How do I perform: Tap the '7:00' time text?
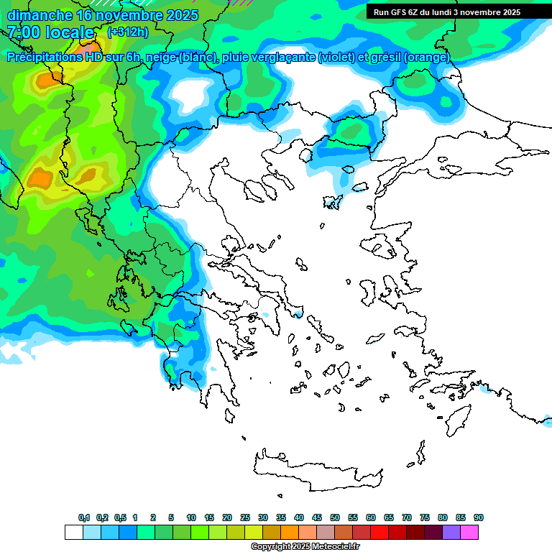coord(24,32)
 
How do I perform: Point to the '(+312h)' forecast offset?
coord(129,32)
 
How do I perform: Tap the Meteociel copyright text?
coord(305,547)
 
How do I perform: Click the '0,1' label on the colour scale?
coord(84,518)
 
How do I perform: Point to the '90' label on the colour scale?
coord(478,518)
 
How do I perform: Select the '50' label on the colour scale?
coord(335,518)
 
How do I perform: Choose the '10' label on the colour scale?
coord(191,518)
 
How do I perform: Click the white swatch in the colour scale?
coord(73,532)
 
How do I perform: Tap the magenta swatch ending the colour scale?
coord(469,532)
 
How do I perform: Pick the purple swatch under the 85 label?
coord(451,532)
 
